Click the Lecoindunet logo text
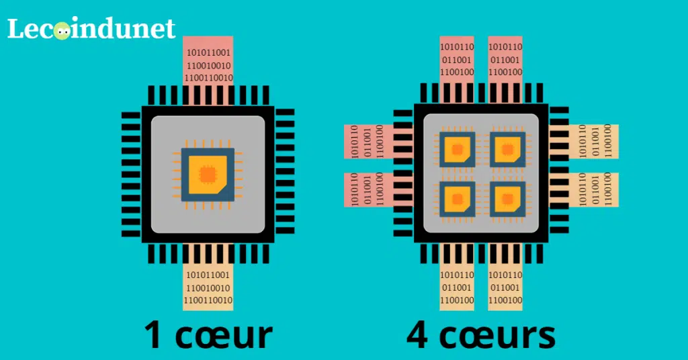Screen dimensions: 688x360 pyautogui.click(x=91, y=28)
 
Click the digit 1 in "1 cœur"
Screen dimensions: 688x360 pyautogui.click(x=153, y=334)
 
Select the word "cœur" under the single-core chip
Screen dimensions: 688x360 pyautogui.click(x=224, y=335)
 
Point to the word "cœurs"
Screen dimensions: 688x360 pyautogui.click(x=497, y=335)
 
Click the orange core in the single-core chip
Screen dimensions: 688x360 pyautogui.click(x=208, y=175)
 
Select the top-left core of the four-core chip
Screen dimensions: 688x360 pyautogui.click(x=457, y=149)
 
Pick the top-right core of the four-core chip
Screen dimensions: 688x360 pyautogui.click(x=508, y=149)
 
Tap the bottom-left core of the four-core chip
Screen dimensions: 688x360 pyautogui.click(x=457, y=199)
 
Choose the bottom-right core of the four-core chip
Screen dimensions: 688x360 pyautogui.click(x=508, y=199)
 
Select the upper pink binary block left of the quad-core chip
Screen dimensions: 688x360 pyautogui.click(x=369, y=142)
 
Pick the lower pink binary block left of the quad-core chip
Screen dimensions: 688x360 pyautogui.click(x=369, y=190)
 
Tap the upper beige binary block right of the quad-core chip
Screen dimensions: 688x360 pyautogui.click(x=593, y=142)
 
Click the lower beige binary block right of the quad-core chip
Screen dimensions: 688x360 pyautogui.click(x=593, y=190)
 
